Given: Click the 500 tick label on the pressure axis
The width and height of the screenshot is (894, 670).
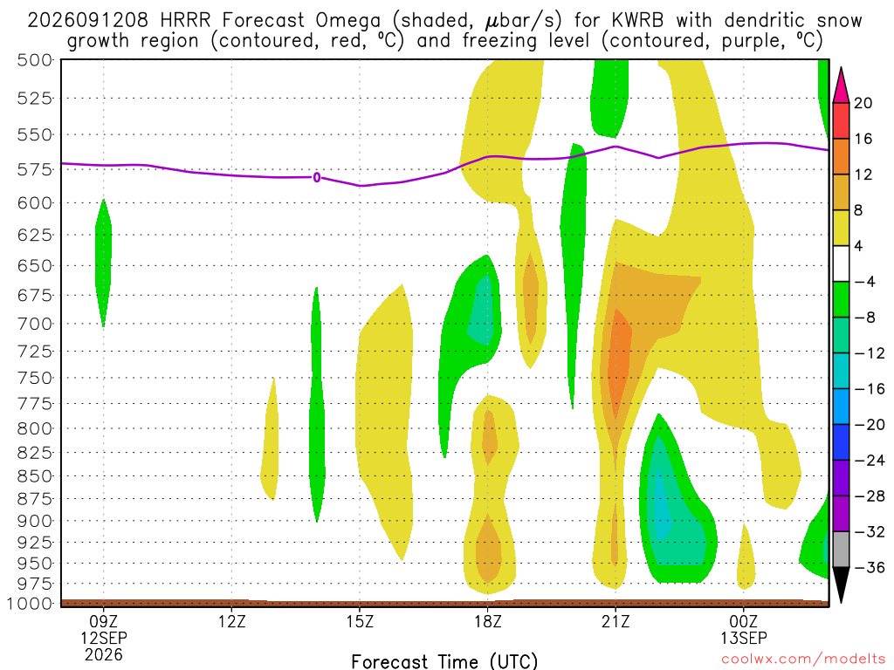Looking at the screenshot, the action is tap(35, 60).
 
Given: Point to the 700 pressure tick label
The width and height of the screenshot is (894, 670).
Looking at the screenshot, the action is tap(35, 325).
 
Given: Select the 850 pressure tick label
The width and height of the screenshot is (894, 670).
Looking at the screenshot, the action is tap(35, 475).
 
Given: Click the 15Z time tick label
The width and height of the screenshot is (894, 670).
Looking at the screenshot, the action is tap(360, 621).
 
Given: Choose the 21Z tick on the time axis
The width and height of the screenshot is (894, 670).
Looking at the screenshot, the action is tap(615, 621).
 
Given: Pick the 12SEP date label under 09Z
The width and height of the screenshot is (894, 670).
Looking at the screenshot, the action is tap(104, 638).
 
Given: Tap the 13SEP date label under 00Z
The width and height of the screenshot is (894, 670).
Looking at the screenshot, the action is tap(744, 638).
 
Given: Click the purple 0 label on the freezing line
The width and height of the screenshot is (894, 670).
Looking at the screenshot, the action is tap(317, 178).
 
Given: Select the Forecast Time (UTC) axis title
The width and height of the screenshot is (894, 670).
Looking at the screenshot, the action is tap(444, 661).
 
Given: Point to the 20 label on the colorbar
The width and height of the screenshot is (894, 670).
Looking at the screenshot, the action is tap(863, 103).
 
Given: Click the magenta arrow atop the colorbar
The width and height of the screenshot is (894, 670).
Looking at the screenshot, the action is tap(841, 85).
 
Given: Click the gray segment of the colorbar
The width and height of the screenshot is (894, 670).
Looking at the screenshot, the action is tap(841, 550).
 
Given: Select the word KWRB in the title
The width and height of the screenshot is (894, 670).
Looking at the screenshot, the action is tap(637, 21).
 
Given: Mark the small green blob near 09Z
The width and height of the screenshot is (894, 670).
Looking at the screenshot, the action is tap(103, 263).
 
